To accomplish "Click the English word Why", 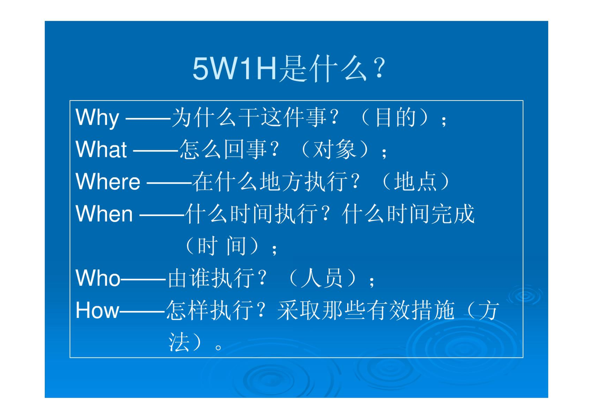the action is click(97, 118).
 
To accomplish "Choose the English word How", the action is click(97, 310).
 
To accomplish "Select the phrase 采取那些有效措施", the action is click(366, 310).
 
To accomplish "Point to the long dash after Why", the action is click(148, 119).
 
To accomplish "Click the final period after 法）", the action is click(218, 348).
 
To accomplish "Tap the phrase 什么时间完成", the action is click(408, 214).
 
